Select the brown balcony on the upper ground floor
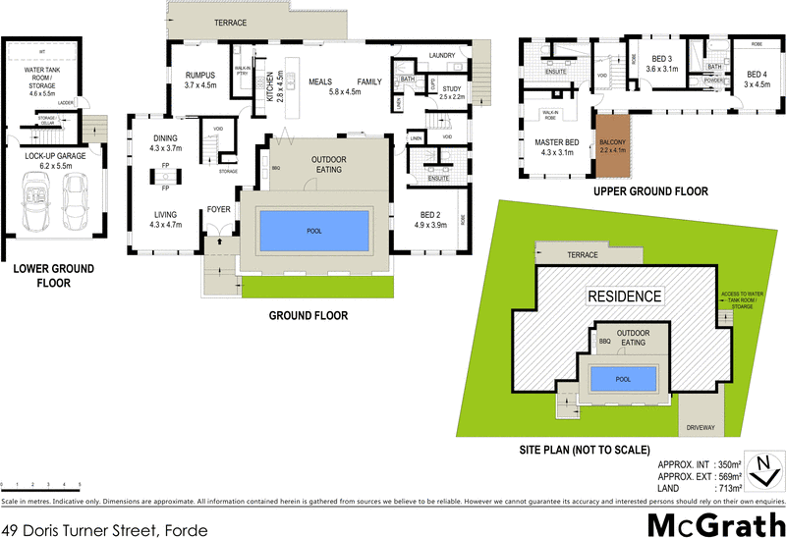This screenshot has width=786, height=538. tap(610, 144)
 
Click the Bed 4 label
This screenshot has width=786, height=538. tap(757, 79)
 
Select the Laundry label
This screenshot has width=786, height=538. tap(440, 56)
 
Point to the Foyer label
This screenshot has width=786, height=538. tap(217, 209)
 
